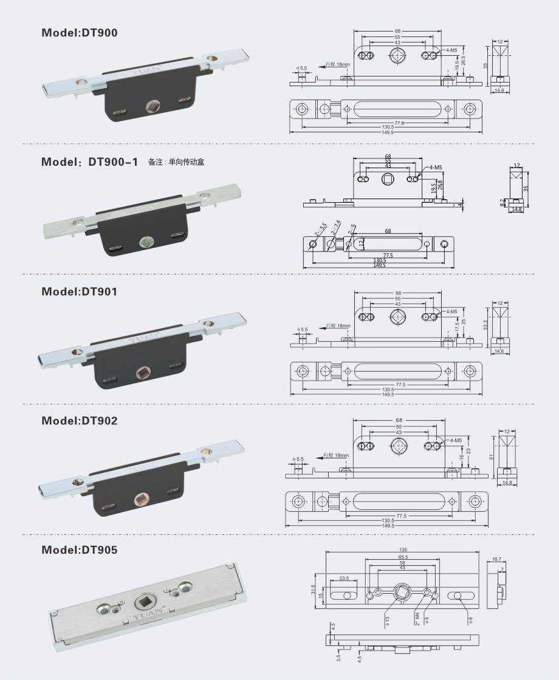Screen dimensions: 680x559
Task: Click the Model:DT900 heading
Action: [80, 33]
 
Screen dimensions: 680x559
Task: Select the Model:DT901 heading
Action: [80, 291]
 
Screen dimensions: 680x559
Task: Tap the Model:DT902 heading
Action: [80, 420]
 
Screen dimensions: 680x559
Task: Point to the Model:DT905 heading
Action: [80, 549]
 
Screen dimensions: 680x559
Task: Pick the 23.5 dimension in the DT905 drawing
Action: [344, 579]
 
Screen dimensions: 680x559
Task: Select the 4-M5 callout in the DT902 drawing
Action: [456, 440]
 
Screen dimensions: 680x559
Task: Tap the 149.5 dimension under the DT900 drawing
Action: [386, 132]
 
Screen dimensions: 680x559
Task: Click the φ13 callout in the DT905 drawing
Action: [386, 620]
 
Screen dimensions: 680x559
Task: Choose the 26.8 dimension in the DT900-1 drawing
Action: [441, 184]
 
